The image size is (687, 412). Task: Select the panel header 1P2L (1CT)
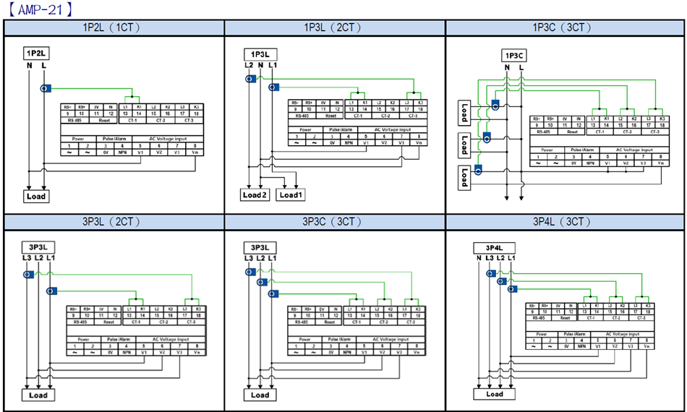point(114,27)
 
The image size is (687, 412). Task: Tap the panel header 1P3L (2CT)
point(335,27)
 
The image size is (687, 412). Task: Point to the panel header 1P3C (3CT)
point(563,27)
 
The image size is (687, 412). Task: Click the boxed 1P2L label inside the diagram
point(36,53)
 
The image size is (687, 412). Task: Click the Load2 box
point(255,195)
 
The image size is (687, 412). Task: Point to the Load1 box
point(292,195)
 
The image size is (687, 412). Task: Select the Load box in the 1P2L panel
point(35,196)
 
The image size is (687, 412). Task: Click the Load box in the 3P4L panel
point(495,394)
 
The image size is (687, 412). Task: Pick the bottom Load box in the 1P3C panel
point(464,176)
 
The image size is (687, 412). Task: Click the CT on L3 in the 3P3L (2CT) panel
point(27,275)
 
